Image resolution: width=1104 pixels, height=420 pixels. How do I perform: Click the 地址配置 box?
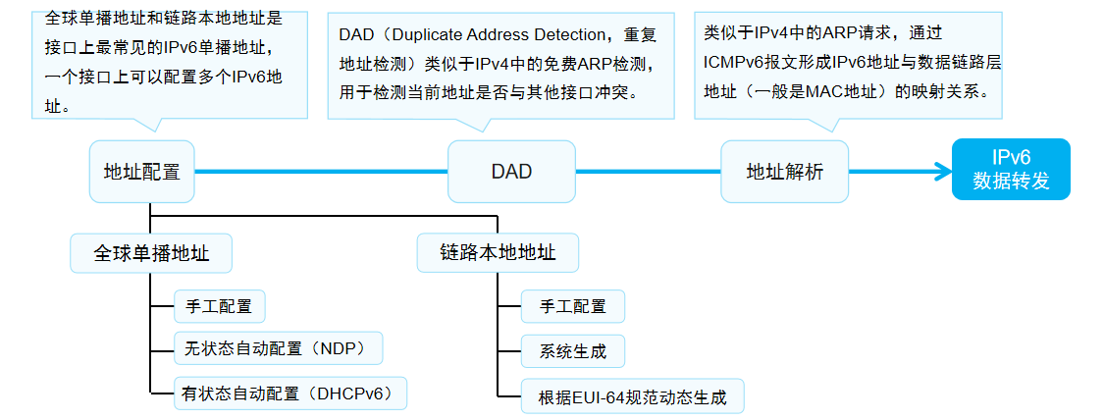pyautogui.click(x=141, y=172)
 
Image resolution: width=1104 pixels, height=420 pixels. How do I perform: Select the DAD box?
pyautogui.click(x=511, y=172)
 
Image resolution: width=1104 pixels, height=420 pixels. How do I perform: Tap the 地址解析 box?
pyautogui.click(x=784, y=172)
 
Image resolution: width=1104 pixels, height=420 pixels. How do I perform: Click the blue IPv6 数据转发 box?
pyautogui.click(x=1011, y=169)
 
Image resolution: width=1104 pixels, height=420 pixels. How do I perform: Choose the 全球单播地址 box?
pyautogui.click(x=152, y=253)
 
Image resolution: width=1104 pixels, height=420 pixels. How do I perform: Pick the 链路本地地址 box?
pyautogui.click(x=498, y=253)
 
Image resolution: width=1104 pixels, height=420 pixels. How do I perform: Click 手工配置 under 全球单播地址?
pyautogui.click(x=219, y=306)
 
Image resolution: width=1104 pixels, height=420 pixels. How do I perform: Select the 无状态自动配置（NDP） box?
pyautogui.click(x=277, y=347)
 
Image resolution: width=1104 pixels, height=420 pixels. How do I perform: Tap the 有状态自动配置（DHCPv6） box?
pyautogui.click(x=289, y=394)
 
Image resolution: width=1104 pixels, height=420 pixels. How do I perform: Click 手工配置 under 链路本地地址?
pyautogui.click(x=572, y=306)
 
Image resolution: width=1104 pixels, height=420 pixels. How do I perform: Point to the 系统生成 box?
pyautogui.click(x=572, y=351)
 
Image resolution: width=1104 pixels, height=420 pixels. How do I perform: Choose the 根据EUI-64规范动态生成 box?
pyautogui.click(x=632, y=397)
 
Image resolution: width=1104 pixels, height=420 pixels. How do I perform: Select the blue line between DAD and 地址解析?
pyautogui.click(x=648, y=172)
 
